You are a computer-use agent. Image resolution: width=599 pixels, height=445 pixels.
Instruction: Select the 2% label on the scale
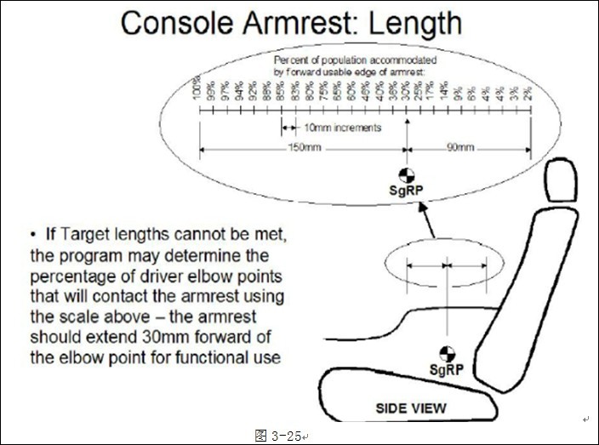(529, 94)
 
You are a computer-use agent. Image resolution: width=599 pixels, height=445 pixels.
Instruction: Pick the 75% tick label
(323, 92)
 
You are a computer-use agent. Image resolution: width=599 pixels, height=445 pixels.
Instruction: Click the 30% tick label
(406, 92)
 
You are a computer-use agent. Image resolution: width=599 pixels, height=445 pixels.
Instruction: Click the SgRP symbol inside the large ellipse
(408, 175)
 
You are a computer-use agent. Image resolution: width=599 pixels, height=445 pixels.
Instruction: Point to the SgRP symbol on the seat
(445, 354)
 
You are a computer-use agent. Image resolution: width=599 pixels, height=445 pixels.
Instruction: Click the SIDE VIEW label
(411, 409)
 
